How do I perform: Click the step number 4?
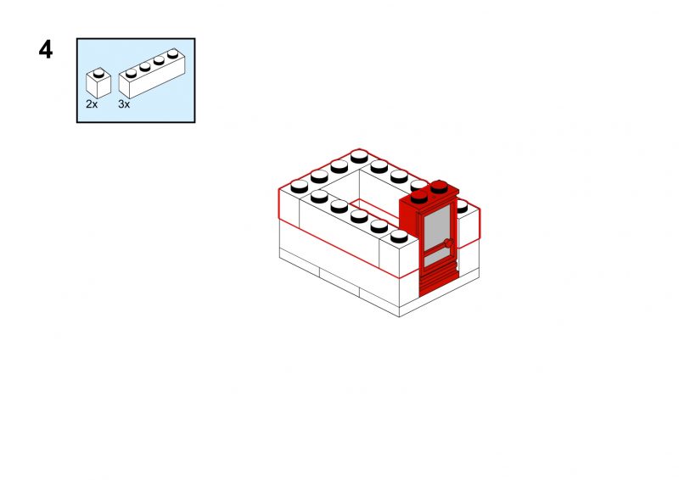pyautogui.click(x=46, y=50)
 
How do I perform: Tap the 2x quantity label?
pyautogui.click(x=92, y=104)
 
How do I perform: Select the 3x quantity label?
pyautogui.click(x=124, y=104)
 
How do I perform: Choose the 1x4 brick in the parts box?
pyautogui.click(x=152, y=74)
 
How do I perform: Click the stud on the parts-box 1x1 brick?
pyautogui.click(x=98, y=72)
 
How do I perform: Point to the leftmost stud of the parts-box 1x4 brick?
pyautogui.click(x=131, y=73)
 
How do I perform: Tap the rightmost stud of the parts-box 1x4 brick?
pyautogui.click(x=173, y=53)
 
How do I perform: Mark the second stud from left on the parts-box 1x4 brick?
pyautogui.click(x=145, y=66)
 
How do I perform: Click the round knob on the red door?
pyautogui.click(x=449, y=243)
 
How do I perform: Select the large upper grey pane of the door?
pyautogui.click(x=437, y=227)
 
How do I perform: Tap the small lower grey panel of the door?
pyautogui.click(x=437, y=258)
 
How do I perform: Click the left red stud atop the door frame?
pyautogui.click(x=419, y=197)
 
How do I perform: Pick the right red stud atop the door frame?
pyautogui.click(x=439, y=187)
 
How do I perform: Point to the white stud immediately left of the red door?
pyautogui.click(x=399, y=237)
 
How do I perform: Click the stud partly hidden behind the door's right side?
pyautogui.click(x=462, y=206)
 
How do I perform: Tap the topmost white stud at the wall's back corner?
pyautogui.click(x=359, y=157)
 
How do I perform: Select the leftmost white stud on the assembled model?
pyautogui.click(x=300, y=187)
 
